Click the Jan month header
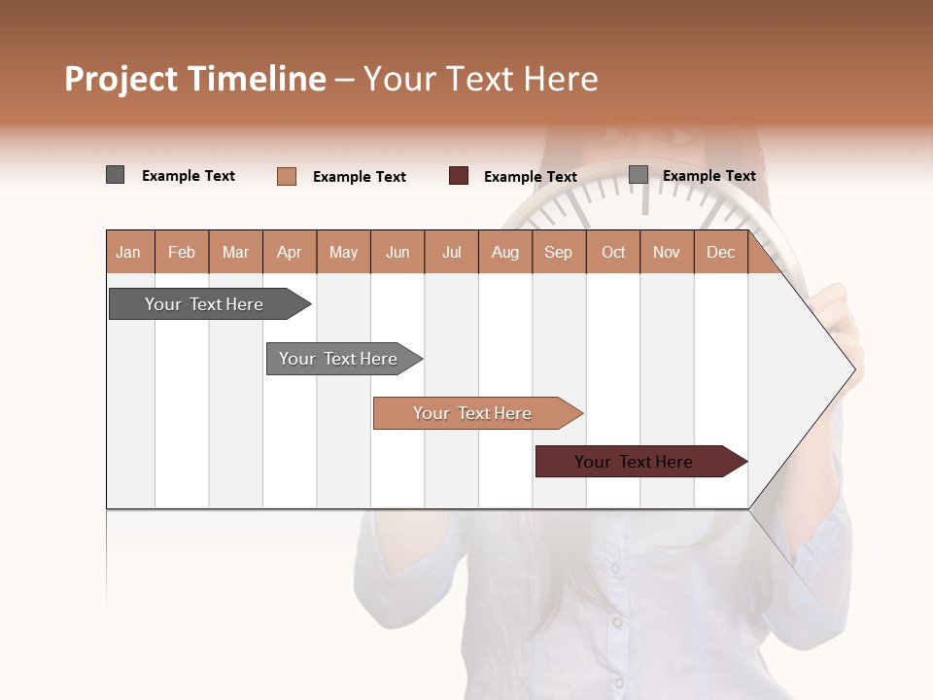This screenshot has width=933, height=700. tap(128, 252)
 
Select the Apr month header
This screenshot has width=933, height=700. tap(290, 252)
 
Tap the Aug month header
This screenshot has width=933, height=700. tap(504, 252)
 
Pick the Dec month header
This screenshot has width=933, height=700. tap(720, 252)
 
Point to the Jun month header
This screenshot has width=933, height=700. tap(397, 252)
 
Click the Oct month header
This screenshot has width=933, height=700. tap(613, 252)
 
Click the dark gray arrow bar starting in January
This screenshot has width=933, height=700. tap(204, 304)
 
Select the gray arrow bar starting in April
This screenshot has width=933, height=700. tap(338, 359)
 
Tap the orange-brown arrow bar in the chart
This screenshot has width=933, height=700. tap(472, 413)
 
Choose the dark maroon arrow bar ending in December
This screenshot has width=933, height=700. tap(634, 462)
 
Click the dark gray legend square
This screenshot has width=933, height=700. tap(116, 175)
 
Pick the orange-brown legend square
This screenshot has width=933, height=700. tap(287, 176)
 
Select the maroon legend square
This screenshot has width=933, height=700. tap(459, 176)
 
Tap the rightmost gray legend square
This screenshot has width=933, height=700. tap(639, 175)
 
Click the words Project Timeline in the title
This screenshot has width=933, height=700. tap(194, 79)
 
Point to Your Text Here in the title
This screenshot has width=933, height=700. tap(480, 79)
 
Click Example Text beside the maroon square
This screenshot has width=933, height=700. tap(530, 177)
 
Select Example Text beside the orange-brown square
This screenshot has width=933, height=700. tap(359, 177)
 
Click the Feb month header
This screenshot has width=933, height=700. tap(182, 252)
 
